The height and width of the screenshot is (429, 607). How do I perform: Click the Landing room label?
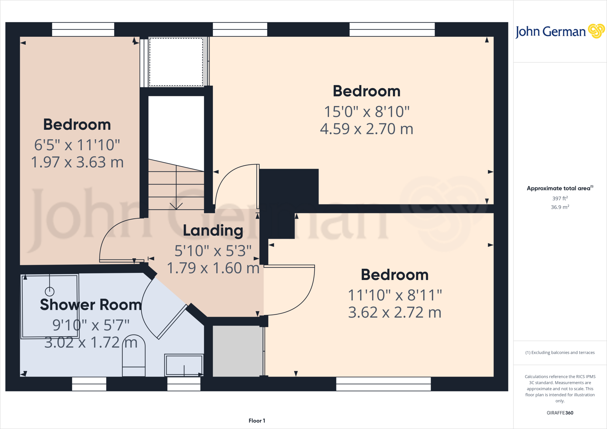coord(213,230)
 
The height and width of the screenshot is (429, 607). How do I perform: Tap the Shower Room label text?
coord(91,305)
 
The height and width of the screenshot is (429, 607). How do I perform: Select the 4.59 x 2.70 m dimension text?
coord(367,129)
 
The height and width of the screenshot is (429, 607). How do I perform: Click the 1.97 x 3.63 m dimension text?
coord(77,162)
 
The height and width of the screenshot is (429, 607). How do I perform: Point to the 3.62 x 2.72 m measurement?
coord(394,312)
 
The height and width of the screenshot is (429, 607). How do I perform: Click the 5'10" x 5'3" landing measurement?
coord(213,251)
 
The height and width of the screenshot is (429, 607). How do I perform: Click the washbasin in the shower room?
coord(184,365)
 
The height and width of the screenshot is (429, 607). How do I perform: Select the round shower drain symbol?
coord(49,292)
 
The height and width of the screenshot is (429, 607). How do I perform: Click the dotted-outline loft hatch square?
coord(176,62)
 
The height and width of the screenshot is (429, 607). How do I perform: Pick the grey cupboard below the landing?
coord(238,351)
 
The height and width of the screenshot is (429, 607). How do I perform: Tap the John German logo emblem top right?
coord(596,31)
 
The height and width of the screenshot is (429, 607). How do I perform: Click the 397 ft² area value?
coord(560,199)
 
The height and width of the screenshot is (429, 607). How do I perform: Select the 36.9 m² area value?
coord(560,207)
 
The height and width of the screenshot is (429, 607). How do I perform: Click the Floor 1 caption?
coord(257,421)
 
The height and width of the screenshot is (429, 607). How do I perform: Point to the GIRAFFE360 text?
coord(560,413)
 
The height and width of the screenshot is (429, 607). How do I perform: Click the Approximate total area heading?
coord(560,188)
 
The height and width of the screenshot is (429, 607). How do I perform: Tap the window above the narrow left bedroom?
coord(83,29)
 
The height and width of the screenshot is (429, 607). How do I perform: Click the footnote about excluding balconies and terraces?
coord(560,353)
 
